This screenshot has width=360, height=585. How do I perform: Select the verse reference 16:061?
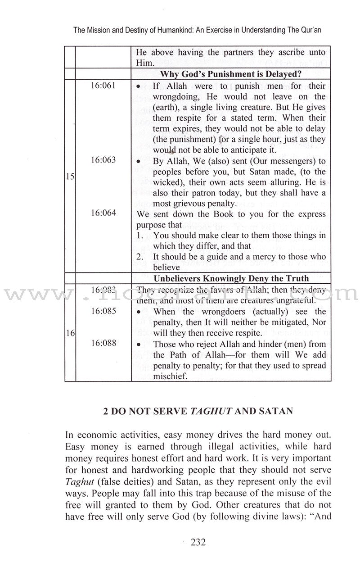tap(103, 86)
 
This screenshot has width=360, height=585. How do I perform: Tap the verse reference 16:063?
tap(103, 160)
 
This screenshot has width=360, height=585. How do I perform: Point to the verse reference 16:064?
tap(103, 213)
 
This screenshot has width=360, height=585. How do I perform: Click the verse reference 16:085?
tap(103, 311)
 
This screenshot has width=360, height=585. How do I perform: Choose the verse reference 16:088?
tap(103, 343)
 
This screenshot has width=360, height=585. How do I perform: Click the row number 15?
tap(70, 177)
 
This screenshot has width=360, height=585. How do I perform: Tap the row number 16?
tap(70, 334)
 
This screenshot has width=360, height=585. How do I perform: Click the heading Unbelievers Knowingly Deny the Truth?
tap(231, 278)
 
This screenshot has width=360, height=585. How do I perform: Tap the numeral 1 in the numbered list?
tap(139, 236)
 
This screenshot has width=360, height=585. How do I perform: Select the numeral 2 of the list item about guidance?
tap(139, 257)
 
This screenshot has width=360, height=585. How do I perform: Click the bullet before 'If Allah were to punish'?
tap(139, 86)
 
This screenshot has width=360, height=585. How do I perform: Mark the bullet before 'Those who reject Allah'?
tap(139, 344)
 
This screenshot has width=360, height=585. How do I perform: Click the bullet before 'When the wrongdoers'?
tap(139, 312)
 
